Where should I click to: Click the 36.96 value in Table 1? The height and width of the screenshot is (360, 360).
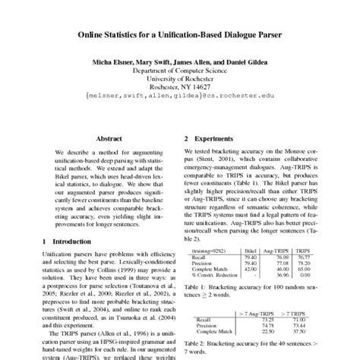pos(276,274)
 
